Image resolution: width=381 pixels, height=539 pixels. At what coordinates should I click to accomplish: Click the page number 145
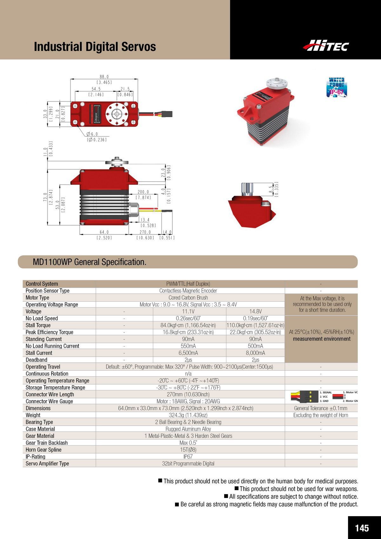point(362,528)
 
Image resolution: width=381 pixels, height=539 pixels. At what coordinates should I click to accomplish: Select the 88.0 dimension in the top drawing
point(104,77)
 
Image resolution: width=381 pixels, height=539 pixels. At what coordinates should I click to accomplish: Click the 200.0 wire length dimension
point(143,192)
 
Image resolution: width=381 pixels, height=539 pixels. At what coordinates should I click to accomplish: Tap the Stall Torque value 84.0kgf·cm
point(188,325)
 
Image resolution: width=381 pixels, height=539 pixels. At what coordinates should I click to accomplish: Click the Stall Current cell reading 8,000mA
point(255,353)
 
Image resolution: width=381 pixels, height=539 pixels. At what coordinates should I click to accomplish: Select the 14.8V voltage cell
point(255,312)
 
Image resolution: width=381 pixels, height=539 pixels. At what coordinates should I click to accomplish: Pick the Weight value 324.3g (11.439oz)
point(188,415)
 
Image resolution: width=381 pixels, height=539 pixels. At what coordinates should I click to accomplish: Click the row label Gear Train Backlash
point(47,443)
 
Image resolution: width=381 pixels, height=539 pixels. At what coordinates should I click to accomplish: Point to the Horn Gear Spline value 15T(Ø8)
point(188,450)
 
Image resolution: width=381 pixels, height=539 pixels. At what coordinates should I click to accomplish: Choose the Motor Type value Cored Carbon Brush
point(188,298)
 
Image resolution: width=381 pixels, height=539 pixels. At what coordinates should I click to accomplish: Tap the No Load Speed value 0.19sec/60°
point(255,318)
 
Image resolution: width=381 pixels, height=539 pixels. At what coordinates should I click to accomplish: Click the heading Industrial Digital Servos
point(95,47)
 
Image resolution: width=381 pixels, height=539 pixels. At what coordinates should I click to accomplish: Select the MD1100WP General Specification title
point(90,262)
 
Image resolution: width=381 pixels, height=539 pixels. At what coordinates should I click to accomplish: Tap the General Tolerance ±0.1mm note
point(321,408)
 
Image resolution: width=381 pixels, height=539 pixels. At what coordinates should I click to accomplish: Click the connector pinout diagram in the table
point(324,397)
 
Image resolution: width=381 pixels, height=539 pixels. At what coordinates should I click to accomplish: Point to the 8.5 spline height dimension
point(271,189)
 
